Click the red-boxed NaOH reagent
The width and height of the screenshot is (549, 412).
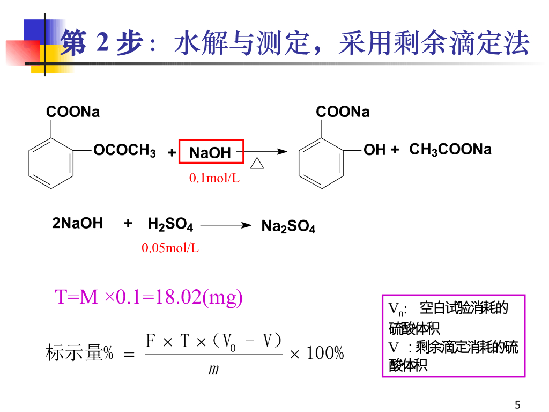(x=211, y=152)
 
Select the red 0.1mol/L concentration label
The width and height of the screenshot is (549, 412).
(x=214, y=179)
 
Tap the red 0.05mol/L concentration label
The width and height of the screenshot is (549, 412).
(x=170, y=248)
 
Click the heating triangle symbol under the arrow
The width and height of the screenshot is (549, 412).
(x=257, y=163)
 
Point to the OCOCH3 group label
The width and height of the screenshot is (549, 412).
(x=124, y=151)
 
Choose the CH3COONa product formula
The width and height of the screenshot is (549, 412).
(x=450, y=150)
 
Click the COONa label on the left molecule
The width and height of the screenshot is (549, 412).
(x=73, y=112)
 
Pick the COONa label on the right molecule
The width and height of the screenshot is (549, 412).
(x=343, y=112)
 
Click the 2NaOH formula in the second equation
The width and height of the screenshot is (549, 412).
(x=77, y=224)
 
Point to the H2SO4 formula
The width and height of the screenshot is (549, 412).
(x=170, y=225)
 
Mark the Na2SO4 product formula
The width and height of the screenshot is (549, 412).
(x=288, y=226)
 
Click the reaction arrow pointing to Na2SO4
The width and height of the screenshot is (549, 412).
(x=226, y=226)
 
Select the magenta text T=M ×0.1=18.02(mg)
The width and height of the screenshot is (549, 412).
(x=149, y=297)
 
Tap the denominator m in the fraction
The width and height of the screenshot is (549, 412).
(x=213, y=370)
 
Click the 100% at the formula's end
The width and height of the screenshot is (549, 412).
(x=324, y=354)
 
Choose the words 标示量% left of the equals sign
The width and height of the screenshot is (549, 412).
(x=79, y=354)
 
